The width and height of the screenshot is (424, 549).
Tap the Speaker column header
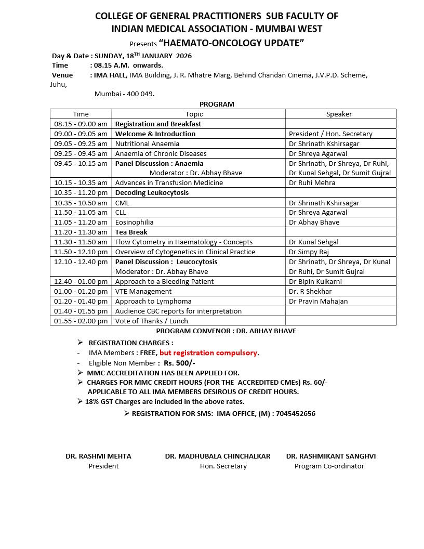point(339,114)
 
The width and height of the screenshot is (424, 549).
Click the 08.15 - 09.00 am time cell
point(81,124)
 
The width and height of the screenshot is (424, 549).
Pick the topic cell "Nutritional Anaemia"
point(147,143)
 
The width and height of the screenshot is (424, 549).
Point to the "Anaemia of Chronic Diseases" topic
point(161,153)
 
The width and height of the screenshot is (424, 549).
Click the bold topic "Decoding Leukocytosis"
point(152,192)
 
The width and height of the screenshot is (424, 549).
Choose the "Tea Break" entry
point(131,232)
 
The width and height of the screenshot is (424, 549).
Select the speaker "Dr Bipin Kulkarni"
point(315,281)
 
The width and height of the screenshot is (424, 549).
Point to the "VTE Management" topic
point(143,291)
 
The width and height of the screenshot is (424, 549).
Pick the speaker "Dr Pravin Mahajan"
point(318,301)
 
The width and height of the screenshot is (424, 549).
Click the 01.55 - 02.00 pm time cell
point(81,321)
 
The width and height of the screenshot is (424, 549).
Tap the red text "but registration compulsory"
point(208,352)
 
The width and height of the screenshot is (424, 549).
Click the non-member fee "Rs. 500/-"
point(179,363)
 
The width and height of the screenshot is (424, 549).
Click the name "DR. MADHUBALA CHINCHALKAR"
point(218,456)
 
